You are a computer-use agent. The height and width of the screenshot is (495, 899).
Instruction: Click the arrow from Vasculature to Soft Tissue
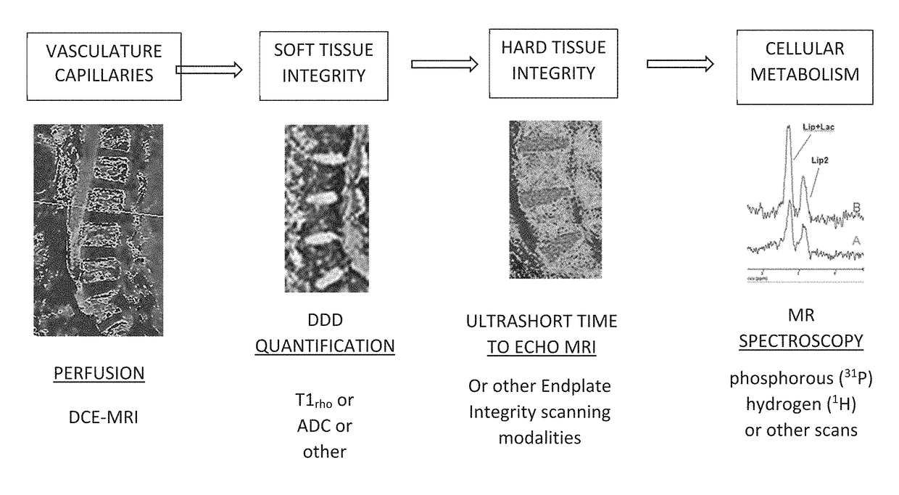(207, 70)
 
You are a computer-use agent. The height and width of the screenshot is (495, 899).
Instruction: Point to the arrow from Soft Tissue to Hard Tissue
(444, 64)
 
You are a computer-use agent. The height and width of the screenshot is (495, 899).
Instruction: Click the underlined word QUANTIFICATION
(324, 345)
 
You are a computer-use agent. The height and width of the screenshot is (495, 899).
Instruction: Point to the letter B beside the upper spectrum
(855, 208)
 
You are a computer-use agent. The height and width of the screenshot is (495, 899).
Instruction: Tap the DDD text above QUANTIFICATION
(324, 320)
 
